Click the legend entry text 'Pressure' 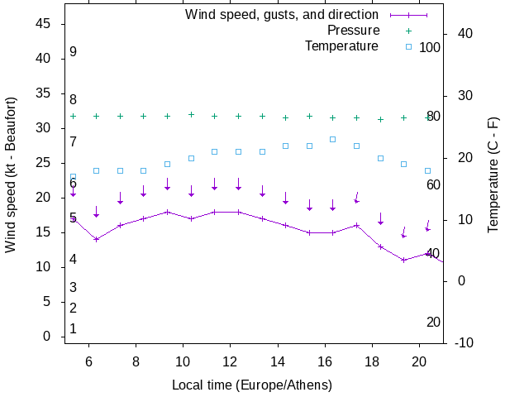click(x=353, y=31)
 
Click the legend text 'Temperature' click(x=341, y=46)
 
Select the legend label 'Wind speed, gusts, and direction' click(x=282, y=15)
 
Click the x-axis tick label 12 click(x=230, y=361)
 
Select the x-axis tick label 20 click(x=420, y=361)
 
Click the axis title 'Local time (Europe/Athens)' click(x=252, y=385)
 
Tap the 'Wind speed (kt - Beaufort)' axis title click(x=12, y=175)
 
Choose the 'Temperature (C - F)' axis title click(x=493, y=175)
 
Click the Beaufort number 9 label click(x=73, y=52)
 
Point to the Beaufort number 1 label click(x=73, y=329)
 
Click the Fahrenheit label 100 click(x=430, y=47)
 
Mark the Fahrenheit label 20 click(x=433, y=323)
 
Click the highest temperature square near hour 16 click(x=333, y=139)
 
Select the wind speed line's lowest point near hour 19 click(x=404, y=260)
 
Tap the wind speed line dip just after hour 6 click(x=96, y=239)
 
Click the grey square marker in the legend click(x=408, y=46)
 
